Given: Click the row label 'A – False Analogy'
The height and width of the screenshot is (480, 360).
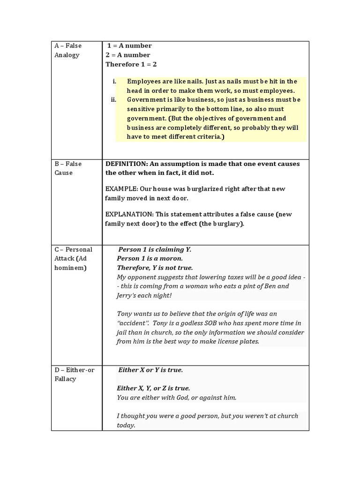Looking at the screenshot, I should tap(68, 50).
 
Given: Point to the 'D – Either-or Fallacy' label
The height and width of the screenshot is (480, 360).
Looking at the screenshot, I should tap(74, 374).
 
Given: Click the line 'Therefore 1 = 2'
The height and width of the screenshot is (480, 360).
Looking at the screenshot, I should tap(131, 64).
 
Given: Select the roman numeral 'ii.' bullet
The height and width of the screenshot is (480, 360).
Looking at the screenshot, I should tap(113, 99).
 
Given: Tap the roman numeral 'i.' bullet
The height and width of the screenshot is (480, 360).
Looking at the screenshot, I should tap(114, 81).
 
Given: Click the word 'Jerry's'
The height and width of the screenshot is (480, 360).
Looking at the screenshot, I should tap(128, 295).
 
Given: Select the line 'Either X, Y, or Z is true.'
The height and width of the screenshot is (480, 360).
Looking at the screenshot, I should tap(153, 388).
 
